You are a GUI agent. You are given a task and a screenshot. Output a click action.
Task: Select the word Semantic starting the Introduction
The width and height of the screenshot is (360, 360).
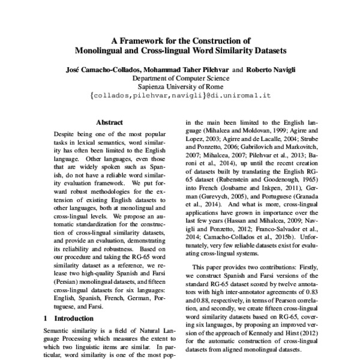(x=59, y=331)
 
